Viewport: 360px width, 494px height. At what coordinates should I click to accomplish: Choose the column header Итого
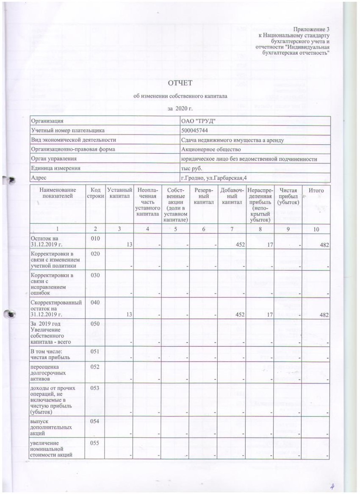click(x=316, y=191)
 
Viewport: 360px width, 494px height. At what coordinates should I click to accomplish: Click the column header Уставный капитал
click(x=120, y=194)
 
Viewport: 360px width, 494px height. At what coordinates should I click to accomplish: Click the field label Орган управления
click(x=55, y=159)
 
